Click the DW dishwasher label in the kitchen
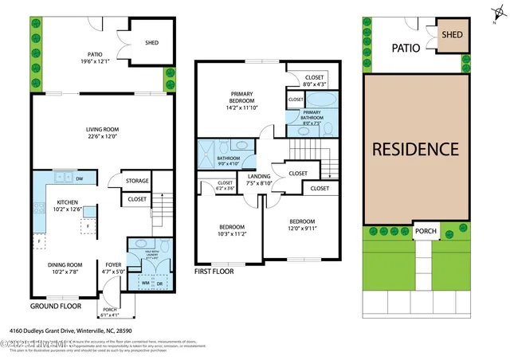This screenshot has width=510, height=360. tap(81, 178)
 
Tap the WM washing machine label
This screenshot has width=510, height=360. tap(145, 283)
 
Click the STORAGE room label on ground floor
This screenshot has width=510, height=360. tap(136, 181)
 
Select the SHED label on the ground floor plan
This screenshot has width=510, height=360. tap(154, 44)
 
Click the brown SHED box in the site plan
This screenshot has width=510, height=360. tap(453, 35)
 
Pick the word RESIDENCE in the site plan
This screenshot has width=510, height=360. tap(414, 149)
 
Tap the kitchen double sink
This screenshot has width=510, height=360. tap(62, 178)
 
